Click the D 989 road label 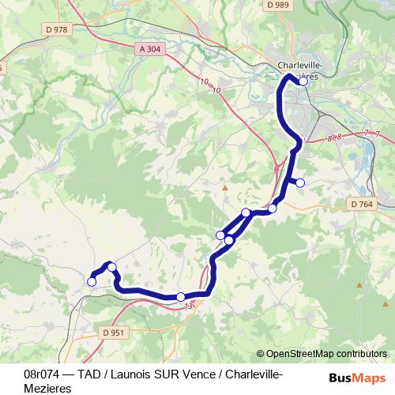click(x=278, y=5)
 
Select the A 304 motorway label click(x=150, y=49)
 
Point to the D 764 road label click(x=360, y=204)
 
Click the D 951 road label click(x=113, y=333)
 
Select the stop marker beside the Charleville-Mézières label click(x=303, y=81)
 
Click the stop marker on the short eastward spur click(x=300, y=184)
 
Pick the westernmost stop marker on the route click(x=92, y=281)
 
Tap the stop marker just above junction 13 click(x=181, y=296)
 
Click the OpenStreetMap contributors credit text click(x=326, y=354)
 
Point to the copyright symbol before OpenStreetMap click(x=260, y=354)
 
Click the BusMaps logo click(x=357, y=378)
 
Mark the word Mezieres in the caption click(x=48, y=388)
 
